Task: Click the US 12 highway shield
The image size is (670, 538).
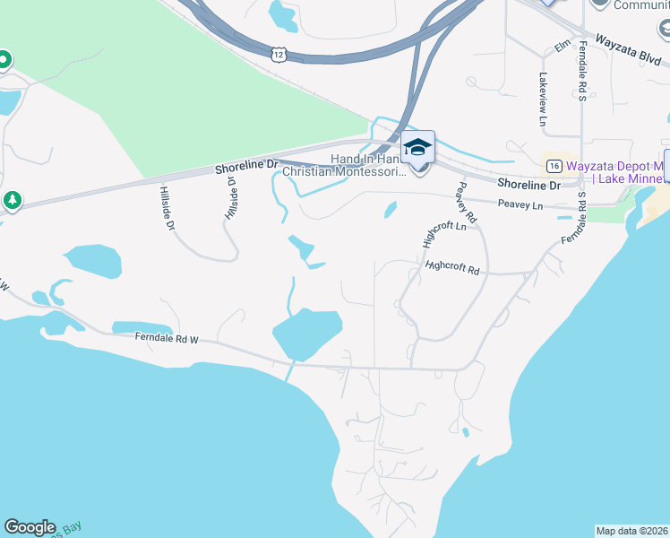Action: pos(279,56)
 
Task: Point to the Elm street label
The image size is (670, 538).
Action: pos(563,45)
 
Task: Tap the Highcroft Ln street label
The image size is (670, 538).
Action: pos(444,231)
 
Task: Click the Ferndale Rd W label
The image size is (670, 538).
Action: pos(166,339)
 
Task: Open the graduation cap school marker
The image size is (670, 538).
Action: pos(417,146)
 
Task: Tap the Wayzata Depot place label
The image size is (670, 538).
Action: pos(617,167)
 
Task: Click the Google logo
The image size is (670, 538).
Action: pos(30,527)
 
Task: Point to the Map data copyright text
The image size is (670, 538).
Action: pos(632,531)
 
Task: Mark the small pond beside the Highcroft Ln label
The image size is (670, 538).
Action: pos(391,210)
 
